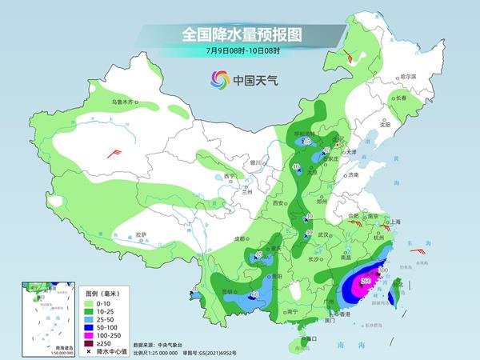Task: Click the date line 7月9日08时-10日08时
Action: point(241,52)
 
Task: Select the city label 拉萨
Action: point(141,234)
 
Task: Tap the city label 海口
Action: point(312,339)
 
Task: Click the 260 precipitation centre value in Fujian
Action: point(366,280)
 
